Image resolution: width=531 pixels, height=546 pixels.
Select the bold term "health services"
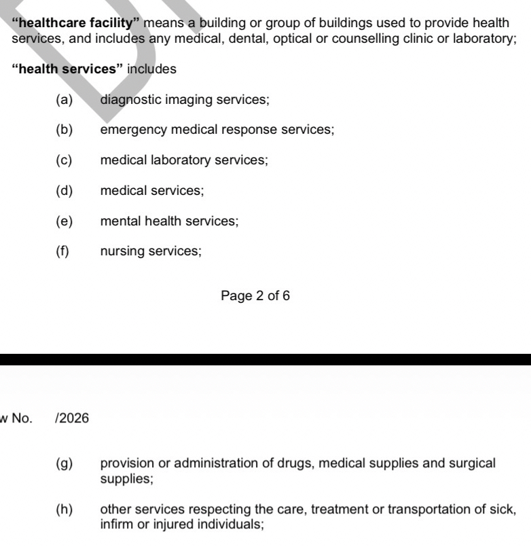pos(67,69)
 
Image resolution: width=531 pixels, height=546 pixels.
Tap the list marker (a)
pos(64,100)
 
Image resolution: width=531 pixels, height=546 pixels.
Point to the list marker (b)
pos(64,130)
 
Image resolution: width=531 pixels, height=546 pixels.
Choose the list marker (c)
pos(64,160)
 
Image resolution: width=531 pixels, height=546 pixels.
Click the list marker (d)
pos(64,191)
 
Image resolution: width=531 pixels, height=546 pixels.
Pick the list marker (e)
pos(64,221)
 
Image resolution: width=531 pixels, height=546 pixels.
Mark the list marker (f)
pos(62,251)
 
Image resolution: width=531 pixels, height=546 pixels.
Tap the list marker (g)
pos(64,464)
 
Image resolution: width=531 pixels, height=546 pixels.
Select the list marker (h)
pos(64,509)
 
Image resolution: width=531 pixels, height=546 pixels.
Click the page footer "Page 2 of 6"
pos(255,296)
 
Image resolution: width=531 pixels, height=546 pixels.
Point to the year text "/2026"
pos(73,418)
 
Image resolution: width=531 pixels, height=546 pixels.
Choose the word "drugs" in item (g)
pos(296,464)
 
